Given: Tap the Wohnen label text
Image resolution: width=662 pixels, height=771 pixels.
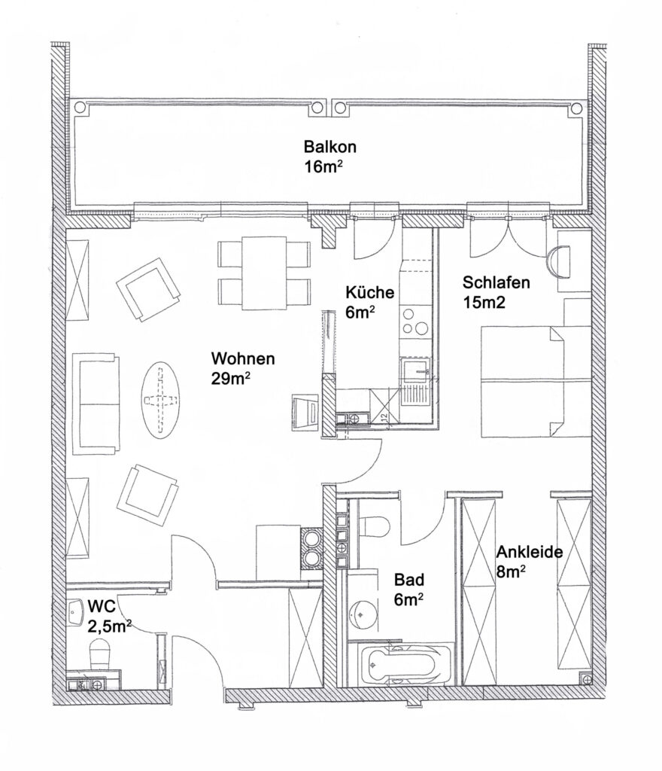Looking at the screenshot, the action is [x=242, y=358].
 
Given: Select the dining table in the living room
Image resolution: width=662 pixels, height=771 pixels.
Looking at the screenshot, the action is [x=264, y=273].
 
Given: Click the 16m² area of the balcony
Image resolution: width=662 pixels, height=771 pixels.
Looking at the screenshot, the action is [x=323, y=166].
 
